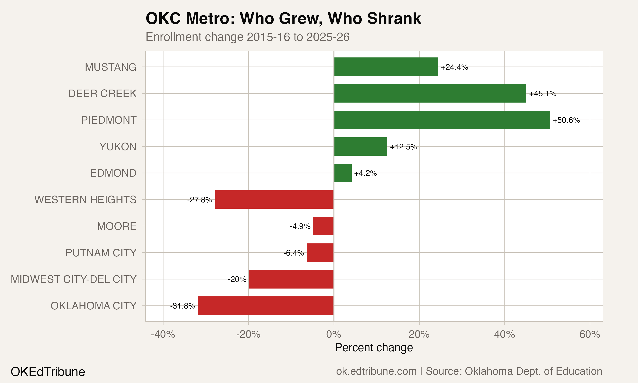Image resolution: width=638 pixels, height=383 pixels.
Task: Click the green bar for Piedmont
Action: (442, 120)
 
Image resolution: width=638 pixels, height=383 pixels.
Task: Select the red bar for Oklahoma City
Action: (266, 306)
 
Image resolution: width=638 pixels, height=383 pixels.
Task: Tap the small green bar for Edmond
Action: (343, 173)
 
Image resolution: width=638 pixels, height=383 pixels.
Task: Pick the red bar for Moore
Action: (323, 226)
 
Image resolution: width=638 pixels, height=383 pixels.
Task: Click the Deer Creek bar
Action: (430, 93)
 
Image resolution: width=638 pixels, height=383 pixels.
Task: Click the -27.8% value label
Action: (200, 200)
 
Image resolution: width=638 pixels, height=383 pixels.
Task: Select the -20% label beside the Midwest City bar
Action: (237, 279)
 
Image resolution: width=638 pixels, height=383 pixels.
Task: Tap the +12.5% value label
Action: (403, 147)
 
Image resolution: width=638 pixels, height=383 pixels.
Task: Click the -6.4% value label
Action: (293, 253)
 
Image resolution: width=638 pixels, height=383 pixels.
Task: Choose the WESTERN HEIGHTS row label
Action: (85, 200)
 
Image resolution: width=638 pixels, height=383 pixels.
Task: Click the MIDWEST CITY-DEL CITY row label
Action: (74, 279)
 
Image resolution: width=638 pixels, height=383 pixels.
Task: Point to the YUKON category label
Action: (118, 147)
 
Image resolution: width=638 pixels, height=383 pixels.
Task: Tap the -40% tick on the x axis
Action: (163, 334)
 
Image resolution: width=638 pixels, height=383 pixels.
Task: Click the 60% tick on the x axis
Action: (590, 334)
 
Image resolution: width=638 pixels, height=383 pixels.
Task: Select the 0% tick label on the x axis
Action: (334, 334)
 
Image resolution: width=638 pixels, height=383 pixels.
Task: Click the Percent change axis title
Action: (374, 348)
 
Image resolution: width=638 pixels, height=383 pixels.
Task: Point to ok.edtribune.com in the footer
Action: (376, 371)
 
